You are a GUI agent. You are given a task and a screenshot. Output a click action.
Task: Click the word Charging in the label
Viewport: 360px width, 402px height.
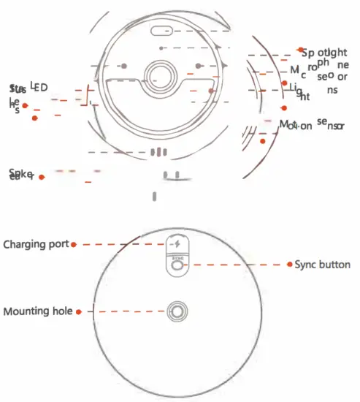click(26, 243)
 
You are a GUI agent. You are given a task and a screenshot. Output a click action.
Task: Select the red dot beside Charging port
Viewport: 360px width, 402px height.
click(74, 244)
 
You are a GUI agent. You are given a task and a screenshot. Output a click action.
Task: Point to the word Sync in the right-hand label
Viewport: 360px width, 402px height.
click(306, 265)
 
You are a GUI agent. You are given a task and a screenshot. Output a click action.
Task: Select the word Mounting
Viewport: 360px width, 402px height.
click(28, 311)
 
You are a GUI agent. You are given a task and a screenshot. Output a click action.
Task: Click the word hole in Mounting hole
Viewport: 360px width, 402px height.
click(62, 311)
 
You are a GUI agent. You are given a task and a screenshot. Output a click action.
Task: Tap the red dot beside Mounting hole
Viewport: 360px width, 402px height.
click(77, 311)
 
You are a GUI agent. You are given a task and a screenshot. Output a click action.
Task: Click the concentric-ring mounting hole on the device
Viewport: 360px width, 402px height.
click(176, 311)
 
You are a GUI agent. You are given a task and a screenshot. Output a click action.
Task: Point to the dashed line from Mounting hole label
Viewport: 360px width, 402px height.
click(124, 311)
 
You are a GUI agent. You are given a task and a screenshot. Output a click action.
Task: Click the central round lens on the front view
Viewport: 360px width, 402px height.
click(160, 75)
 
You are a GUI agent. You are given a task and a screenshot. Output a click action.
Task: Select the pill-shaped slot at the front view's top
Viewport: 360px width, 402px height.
click(162, 31)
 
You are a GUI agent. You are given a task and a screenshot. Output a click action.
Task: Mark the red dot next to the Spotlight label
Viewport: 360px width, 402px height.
click(300, 50)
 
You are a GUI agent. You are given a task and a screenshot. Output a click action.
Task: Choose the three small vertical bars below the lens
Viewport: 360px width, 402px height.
click(159, 152)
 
